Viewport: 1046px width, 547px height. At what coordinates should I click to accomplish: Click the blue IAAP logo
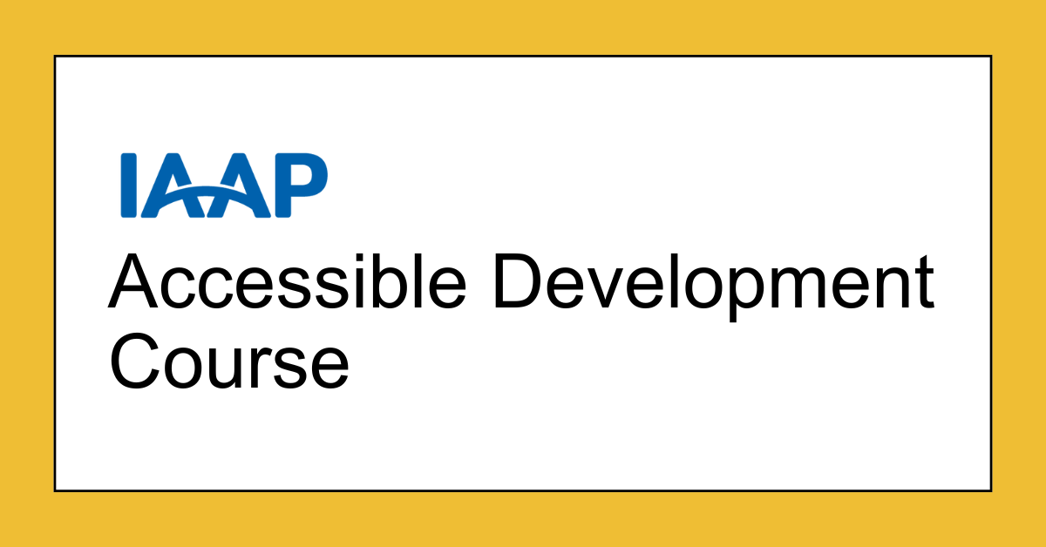[224, 185]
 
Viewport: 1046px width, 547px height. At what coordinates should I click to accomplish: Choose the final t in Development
[923, 282]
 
